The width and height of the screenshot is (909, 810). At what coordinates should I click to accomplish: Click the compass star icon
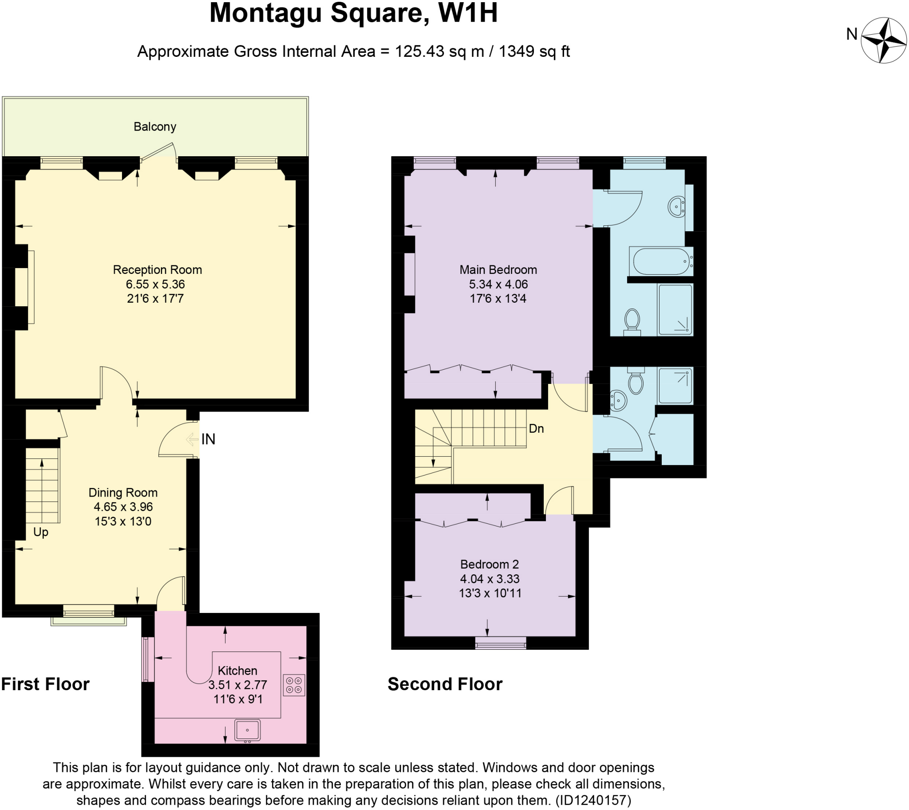click(x=883, y=40)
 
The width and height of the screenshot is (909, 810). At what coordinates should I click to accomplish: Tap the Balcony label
click(x=155, y=127)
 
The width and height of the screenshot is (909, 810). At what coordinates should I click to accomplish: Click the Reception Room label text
click(x=157, y=270)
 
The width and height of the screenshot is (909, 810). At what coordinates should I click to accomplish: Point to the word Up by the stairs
click(x=40, y=532)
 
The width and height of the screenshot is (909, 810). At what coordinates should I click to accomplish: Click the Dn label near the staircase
click(x=536, y=429)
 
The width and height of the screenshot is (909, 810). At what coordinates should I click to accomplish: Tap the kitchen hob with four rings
click(x=294, y=685)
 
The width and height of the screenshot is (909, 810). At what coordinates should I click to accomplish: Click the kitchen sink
click(x=248, y=731)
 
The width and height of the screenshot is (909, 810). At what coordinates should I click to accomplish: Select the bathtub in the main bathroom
click(x=661, y=262)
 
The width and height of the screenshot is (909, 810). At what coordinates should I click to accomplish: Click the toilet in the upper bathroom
click(x=632, y=320)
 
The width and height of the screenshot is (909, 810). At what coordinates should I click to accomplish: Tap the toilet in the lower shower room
click(x=636, y=382)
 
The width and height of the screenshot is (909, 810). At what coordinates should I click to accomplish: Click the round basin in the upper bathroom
click(x=676, y=206)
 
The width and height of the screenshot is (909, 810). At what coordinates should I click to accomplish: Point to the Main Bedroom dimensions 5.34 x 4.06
click(x=498, y=284)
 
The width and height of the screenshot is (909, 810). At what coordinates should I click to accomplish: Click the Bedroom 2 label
click(x=489, y=564)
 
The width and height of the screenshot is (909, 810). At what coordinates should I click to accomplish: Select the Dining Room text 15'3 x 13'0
click(x=123, y=521)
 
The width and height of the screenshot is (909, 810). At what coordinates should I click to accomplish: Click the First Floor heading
click(x=45, y=684)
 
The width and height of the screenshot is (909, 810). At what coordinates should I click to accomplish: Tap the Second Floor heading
click(x=445, y=684)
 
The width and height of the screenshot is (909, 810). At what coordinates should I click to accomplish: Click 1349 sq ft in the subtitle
click(x=534, y=51)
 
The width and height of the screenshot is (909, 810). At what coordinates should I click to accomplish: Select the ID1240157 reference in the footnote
click(x=593, y=800)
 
